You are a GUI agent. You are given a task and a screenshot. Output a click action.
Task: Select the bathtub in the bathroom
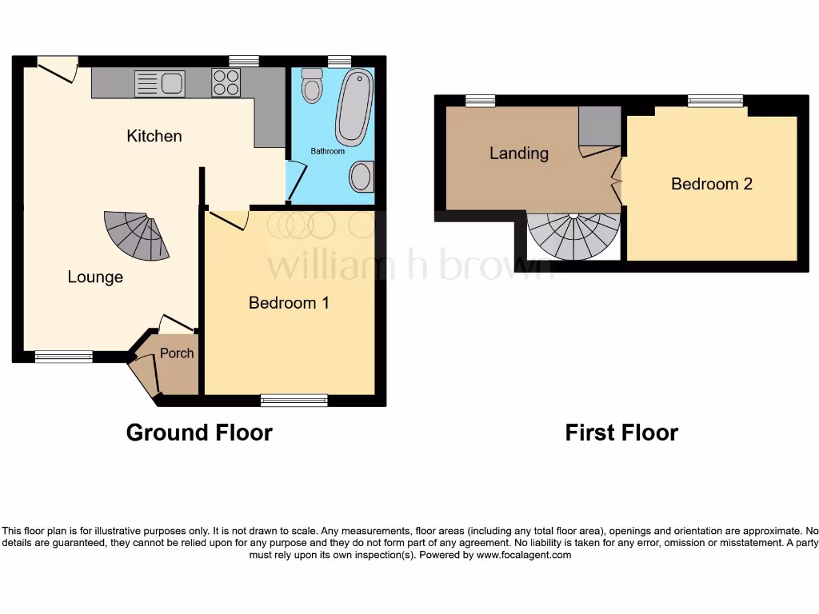tap(354, 107)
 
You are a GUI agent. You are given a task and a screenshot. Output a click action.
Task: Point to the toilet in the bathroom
tap(312, 86)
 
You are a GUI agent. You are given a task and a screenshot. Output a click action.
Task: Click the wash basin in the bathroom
tap(362, 177)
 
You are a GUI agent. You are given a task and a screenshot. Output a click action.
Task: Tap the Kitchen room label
tap(154, 136)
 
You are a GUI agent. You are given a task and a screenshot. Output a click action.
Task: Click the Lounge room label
tap(95, 277)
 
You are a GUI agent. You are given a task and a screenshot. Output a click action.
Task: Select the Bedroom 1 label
tap(289, 302)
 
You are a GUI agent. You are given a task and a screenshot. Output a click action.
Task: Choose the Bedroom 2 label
tap(711, 184)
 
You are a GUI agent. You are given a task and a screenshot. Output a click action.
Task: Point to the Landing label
tap(519, 153)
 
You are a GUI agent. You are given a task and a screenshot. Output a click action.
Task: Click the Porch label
tap(177, 353)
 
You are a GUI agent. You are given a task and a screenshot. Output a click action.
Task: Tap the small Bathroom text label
tap(328, 151)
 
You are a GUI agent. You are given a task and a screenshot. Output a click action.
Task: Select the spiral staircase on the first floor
tap(574, 235)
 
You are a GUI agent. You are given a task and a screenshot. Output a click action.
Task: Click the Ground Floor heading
tap(199, 433)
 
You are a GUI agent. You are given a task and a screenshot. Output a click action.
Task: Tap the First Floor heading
tap(621, 433)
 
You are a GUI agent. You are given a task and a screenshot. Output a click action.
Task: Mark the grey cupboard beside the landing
tap(599, 126)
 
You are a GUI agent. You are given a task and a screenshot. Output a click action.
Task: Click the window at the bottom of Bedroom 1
tap(294, 400)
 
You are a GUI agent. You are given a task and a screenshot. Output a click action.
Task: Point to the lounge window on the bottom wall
tap(63, 357)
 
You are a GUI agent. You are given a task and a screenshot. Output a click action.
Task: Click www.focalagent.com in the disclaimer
tap(524, 555)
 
